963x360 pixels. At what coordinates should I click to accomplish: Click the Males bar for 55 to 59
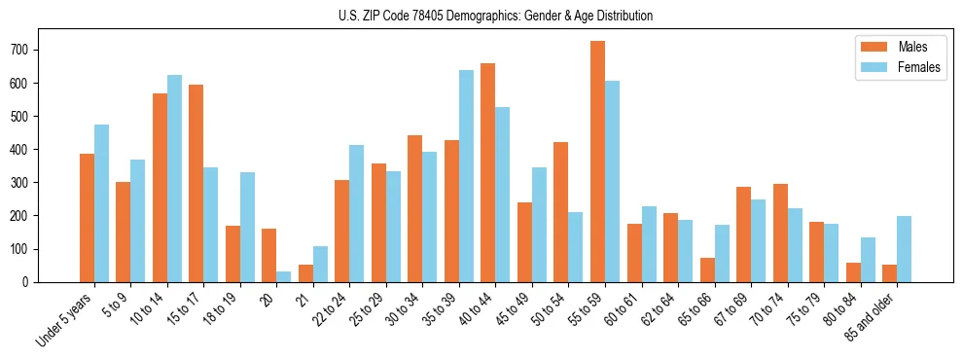[x=597, y=162]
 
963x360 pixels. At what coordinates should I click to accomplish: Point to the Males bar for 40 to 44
[x=487, y=172]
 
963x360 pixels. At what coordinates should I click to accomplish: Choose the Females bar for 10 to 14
[x=174, y=178]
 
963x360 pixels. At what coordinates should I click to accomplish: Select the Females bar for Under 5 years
[x=101, y=203]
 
